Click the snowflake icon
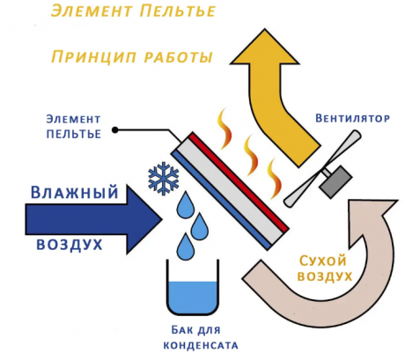164,180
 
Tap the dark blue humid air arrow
94,219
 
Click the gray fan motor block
335,180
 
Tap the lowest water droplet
186,246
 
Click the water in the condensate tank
193,297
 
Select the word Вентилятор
352,118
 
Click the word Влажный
75,193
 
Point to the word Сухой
322,261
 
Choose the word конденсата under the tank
201,345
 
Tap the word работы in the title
178,57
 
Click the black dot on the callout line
115,129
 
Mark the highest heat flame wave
225,129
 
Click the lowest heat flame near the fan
275,179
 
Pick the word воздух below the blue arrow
70,245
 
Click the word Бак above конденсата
181,330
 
